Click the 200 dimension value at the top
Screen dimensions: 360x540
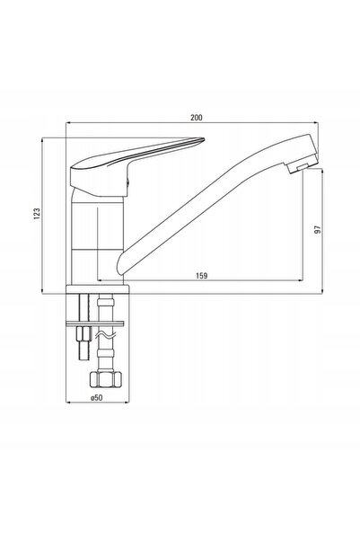(197, 117)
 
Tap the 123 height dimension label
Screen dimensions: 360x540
(37, 214)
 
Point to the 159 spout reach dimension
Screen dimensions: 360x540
(202, 276)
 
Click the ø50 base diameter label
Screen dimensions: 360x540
(97, 397)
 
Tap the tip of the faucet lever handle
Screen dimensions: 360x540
(204, 140)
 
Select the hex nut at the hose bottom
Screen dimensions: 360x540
(106, 379)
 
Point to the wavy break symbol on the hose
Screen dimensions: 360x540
(106, 335)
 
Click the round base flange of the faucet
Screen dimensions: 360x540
(97, 289)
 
